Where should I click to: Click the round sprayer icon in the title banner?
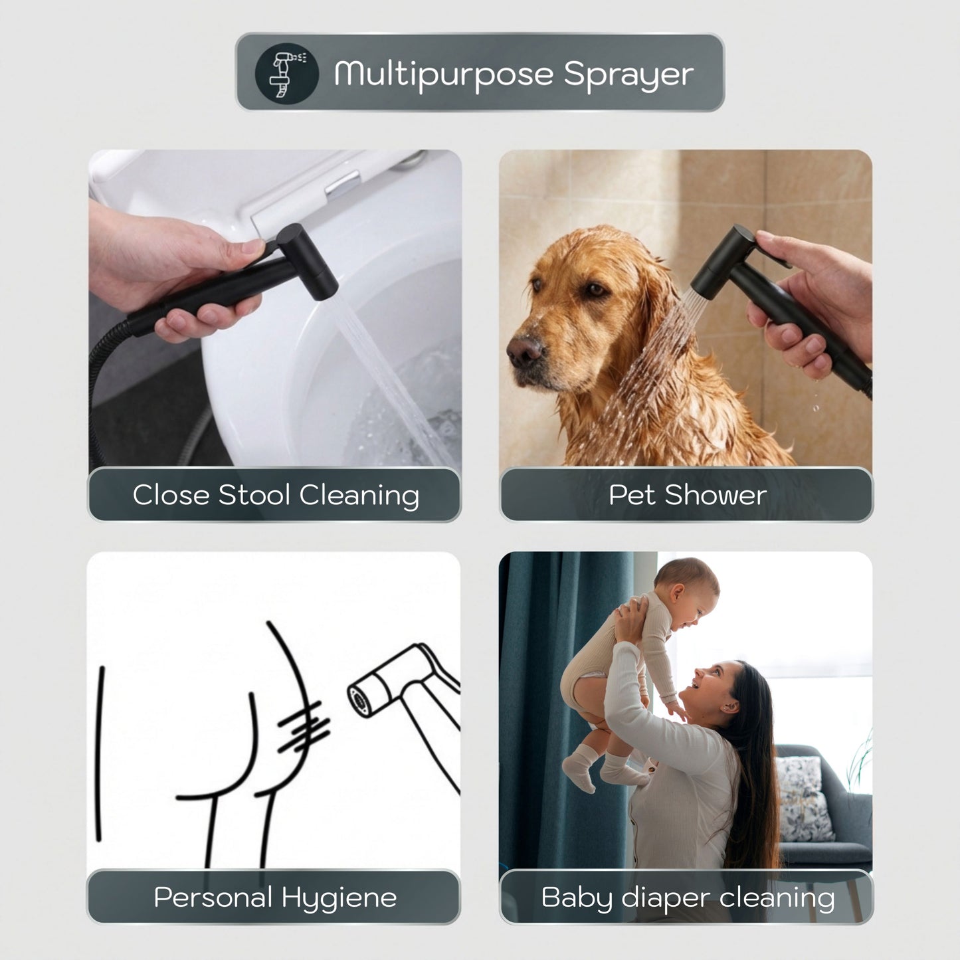coord(286,73)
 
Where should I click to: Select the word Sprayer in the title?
coord(628,75)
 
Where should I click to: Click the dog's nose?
coord(524,349)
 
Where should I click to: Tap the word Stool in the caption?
coord(254,495)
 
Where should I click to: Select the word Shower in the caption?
coord(716,495)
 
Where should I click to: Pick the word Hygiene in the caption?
coord(339,898)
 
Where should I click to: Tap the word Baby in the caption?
coord(577,898)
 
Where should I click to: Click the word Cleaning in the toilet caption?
coord(359,496)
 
